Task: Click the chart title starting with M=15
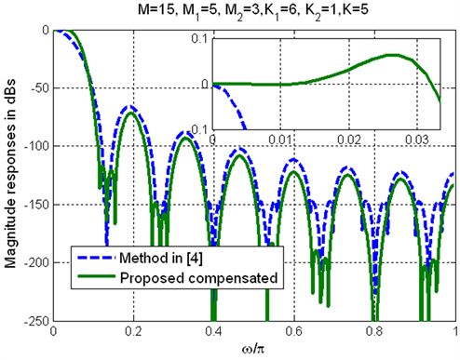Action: (x=254, y=10)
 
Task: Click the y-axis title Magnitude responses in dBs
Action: (x=11, y=176)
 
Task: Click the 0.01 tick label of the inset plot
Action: (x=280, y=138)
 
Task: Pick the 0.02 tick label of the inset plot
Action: (x=349, y=138)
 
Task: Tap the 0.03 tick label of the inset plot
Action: (x=417, y=138)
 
